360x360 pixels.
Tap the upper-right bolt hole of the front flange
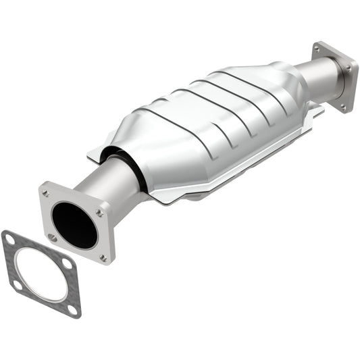pos(99,212)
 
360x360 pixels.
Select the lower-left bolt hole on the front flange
pos(52,236)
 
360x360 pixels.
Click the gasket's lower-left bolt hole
pos(17,285)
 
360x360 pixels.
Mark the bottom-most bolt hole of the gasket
pos(72,309)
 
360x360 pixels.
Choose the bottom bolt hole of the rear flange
pos(342,105)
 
